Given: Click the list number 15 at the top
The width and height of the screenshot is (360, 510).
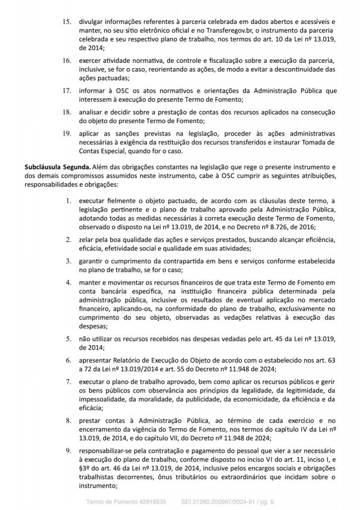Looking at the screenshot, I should click(x=66, y=22).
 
